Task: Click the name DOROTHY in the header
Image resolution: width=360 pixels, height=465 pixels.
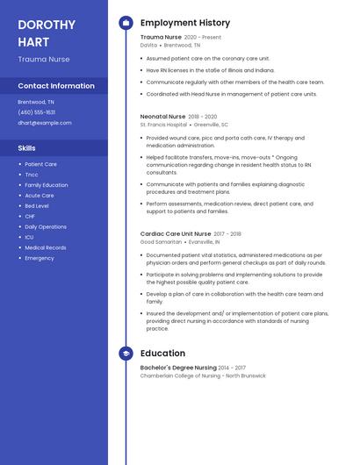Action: [47, 25]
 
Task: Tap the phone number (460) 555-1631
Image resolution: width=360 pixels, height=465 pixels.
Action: [37, 112]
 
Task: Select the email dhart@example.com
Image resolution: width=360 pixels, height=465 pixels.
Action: [45, 123]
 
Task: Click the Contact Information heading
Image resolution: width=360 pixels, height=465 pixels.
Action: [56, 86]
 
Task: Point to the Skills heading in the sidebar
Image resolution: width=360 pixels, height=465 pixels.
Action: [27, 148]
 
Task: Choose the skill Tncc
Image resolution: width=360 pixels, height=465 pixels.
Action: [32, 175]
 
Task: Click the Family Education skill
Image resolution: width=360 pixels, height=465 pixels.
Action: [47, 185]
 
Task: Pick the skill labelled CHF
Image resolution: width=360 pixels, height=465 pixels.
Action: [30, 217]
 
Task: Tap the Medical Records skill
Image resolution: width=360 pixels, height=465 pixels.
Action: [46, 247]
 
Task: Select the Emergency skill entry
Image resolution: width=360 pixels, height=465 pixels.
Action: [40, 258]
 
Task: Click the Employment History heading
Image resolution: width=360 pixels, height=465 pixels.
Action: [185, 23]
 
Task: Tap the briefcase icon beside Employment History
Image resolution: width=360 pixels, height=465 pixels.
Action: [126, 23]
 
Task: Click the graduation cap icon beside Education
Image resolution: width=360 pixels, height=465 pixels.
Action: [126, 354]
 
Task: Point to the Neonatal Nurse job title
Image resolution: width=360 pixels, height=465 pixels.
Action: [163, 116]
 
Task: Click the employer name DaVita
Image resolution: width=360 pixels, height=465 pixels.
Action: [148, 45]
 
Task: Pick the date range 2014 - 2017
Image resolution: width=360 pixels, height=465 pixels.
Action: [232, 368]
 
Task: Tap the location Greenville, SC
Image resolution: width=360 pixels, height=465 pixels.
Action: [211, 125]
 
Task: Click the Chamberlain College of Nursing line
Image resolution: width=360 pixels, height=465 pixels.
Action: [203, 376]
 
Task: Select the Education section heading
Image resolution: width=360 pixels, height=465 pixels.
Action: [163, 354]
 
